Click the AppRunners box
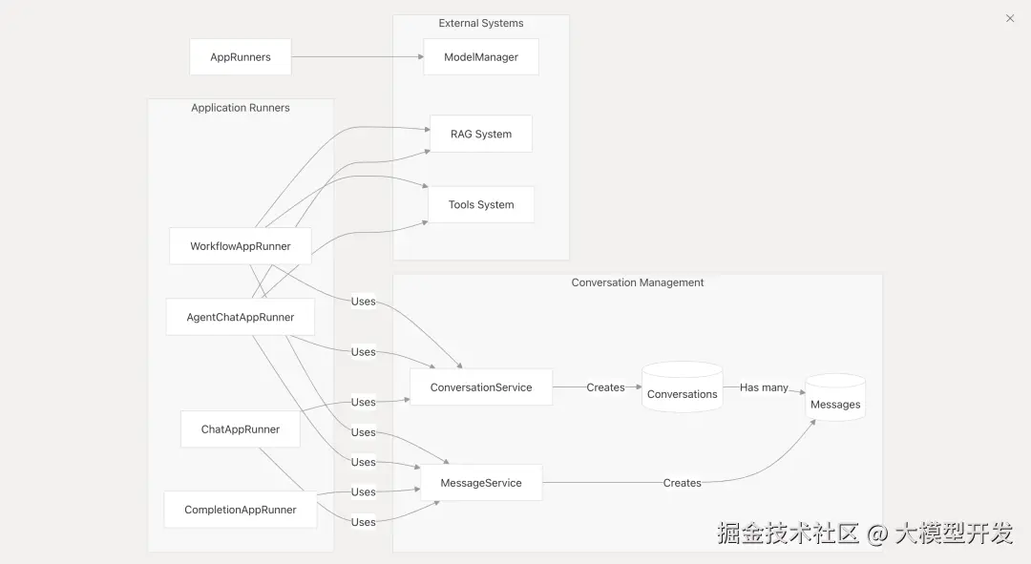[x=241, y=57]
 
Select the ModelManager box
[x=481, y=57]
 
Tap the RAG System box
[x=481, y=135]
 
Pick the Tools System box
[x=481, y=205]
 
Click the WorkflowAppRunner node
[x=241, y=246]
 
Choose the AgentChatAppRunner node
[x=241, y=317]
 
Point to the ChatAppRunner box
[x=241, y=429]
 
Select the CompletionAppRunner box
[x=241, y=510]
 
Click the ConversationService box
[x=481, y=387]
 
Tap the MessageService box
[x=481, y=483]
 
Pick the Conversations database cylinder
[x=682, y=388]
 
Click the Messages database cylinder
[x=835, y=399]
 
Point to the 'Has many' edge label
[x=764, y=387]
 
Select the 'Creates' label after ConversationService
[x=605, y=387]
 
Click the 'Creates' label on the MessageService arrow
[x=682, y=483]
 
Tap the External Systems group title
[x=481, y=23]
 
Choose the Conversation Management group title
[x=638, y=282]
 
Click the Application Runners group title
[x=241, y=108]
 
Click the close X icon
[x=1010, y=18]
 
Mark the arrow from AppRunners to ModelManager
[x=357, y=57]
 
